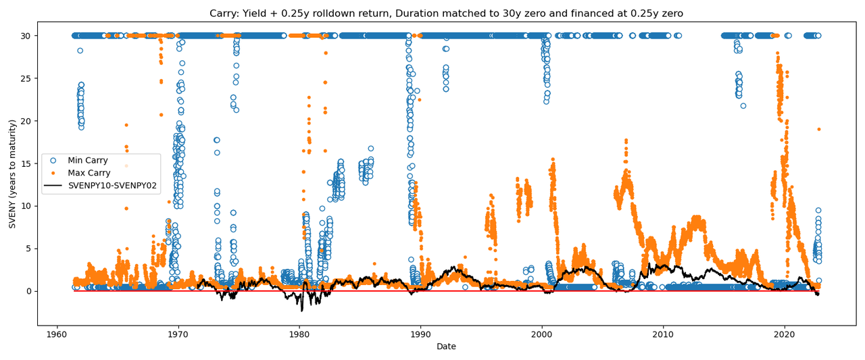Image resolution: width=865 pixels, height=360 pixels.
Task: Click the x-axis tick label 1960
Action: [x=57, y=335]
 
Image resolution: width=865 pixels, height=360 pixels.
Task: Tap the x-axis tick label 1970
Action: [x=178, y=335]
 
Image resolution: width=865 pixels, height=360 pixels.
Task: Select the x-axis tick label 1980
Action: [x=299, y=335]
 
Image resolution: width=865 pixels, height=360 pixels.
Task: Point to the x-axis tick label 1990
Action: [x=420, y=335]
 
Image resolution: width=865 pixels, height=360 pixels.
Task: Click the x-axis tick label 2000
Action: [x=541, y=335]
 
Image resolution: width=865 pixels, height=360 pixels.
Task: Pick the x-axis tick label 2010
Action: [x=663, y=335]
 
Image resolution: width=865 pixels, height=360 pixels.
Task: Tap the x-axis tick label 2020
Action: [x=784, y=335]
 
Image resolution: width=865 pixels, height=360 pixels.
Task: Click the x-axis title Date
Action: [x=446, y=347]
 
